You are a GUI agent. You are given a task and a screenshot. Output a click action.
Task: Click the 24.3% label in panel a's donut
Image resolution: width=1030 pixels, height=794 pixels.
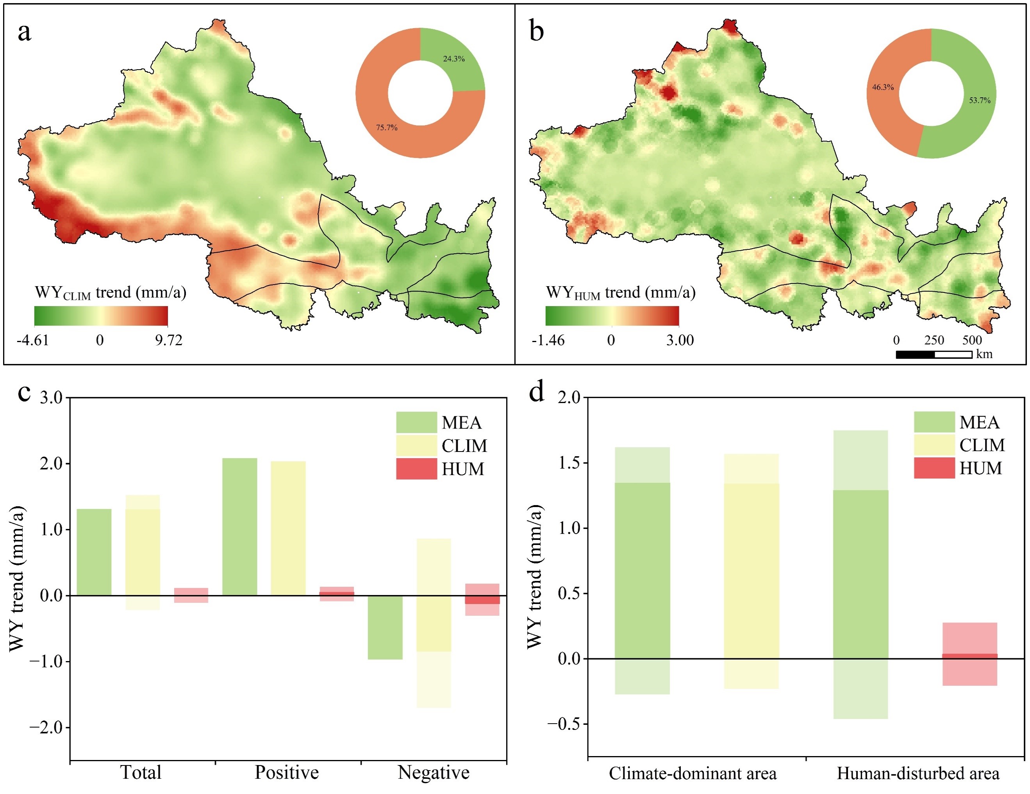pyautogui.click(x=454, y=59)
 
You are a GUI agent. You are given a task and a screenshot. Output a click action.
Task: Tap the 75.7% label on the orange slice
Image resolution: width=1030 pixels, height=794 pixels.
pyautogui.click(x=386, y=127)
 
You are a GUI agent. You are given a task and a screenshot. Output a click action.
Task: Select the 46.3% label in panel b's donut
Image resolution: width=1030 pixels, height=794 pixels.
pyautogui.click(x=882, y=87)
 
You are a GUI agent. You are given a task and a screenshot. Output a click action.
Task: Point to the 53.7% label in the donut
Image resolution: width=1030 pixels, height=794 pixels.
pyautogui.click(x=980, y=100)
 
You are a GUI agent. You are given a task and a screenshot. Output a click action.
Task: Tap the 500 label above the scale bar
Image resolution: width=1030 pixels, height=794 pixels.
pyautogui.click(x=972, y=340)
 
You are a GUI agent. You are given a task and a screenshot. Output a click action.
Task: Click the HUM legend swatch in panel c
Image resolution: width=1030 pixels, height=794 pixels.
pyautogui.click(x=416, y=469)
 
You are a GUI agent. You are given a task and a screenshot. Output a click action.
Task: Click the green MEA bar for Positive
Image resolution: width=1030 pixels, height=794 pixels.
pyautogui.click(x=239, y=526)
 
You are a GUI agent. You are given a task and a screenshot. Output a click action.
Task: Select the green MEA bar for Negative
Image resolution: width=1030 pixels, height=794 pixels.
pyautogui.click(x=385, y=627)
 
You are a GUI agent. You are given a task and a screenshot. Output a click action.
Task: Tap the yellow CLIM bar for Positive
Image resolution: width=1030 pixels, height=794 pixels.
pyautogui.click(x=288, y=528)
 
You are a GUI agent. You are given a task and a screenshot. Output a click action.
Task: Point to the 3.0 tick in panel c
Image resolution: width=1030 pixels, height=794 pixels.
pyautogui.click(x=51, y=398)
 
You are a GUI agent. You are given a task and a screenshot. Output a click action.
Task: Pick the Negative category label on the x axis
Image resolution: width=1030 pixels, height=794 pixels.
pyautogui.click(x=434, y=772)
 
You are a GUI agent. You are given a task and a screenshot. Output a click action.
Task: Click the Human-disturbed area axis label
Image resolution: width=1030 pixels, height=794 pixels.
pyautogui.click(x=918, y=773)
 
